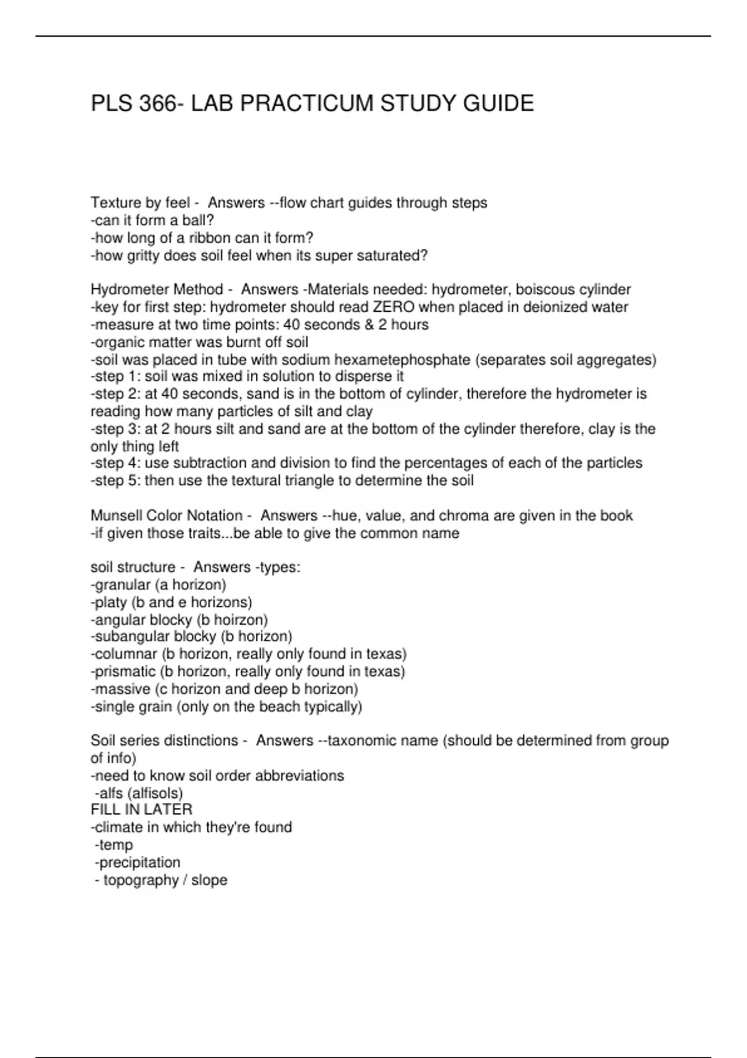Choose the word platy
111,602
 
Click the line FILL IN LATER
141,810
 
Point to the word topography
141,880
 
